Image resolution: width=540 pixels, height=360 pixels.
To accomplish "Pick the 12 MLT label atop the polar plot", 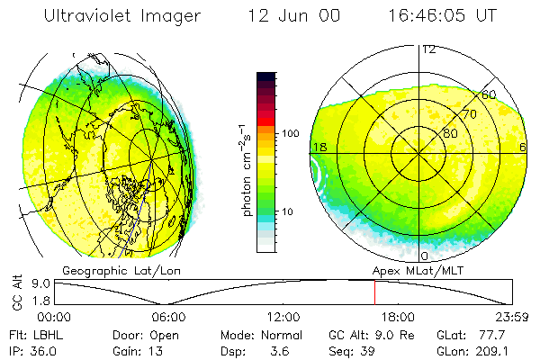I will click(x=429, y=49).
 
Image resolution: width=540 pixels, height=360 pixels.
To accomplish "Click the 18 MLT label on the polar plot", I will click(x=319, y=147).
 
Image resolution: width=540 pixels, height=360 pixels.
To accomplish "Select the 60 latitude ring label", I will click(x=489, y=94).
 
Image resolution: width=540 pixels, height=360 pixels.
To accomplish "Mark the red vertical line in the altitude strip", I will click(x=374, y=292).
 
